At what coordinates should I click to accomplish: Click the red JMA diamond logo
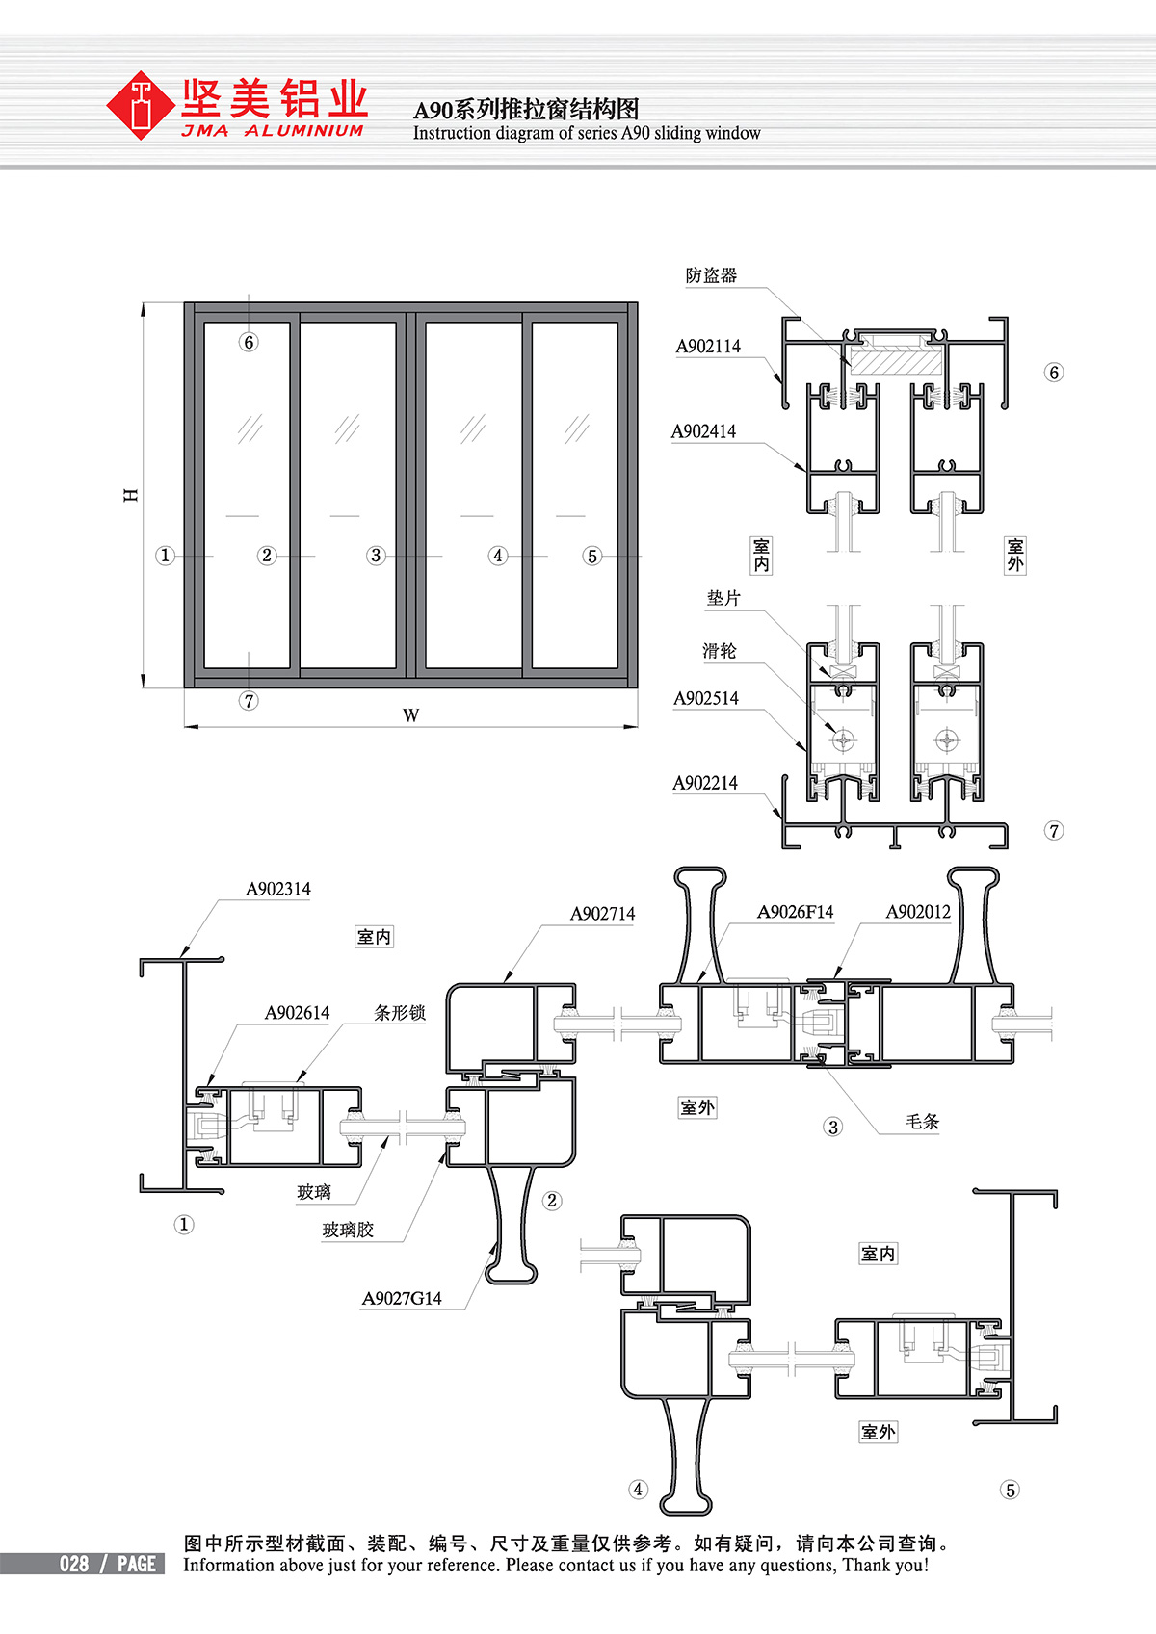pos(140,105)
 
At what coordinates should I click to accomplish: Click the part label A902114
pos(708,347)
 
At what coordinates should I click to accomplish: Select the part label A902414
pos(703,431)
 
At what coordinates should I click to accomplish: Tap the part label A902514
pos(706,699)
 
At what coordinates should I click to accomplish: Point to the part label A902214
pos(705,784)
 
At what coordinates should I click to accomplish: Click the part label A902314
pos(278,890)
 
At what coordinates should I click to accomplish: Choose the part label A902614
pos(297,1013)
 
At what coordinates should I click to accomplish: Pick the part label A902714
pos(603,914)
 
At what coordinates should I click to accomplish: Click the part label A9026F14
pos(795,912)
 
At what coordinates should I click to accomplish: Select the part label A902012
pos(918,912)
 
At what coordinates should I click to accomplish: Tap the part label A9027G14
pos(402,1299)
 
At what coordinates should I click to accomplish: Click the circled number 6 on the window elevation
pos(249,342)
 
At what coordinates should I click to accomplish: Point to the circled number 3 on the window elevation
pos(376,556)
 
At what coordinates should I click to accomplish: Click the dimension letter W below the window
pos(411,715)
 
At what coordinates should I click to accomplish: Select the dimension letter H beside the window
pos(131,495)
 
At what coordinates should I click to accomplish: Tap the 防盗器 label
pos(712,275)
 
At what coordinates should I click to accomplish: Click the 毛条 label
pos(923,1122)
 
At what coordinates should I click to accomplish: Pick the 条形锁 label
pos(399,1013)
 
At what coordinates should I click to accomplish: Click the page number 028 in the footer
pos(74,1564)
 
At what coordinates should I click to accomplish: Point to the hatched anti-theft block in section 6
pos(896,362)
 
